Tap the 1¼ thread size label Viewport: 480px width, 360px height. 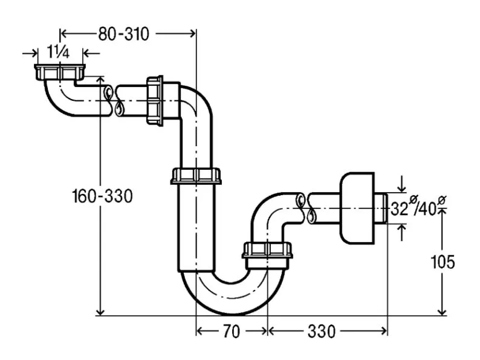(59, 53)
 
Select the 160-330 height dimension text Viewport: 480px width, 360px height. (102, 196)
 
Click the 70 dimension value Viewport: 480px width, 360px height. (232, 331)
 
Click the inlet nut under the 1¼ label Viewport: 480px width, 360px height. (59, 72)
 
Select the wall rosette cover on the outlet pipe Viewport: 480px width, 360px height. (357, 208)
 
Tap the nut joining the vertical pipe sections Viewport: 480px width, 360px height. (195, 176)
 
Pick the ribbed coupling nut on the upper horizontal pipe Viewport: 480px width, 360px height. (155, 100)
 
